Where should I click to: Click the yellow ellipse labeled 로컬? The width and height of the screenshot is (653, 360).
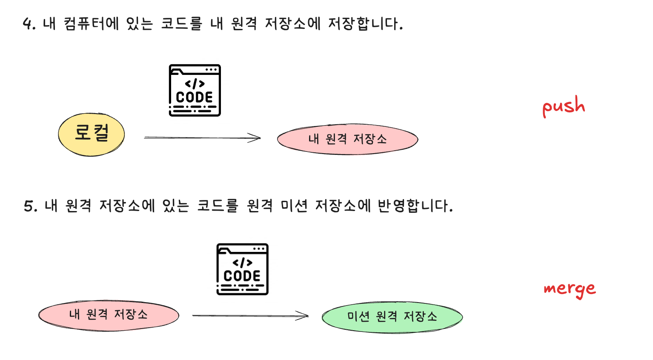(91, 134)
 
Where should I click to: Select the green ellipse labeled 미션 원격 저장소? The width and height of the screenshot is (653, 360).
(392, 317)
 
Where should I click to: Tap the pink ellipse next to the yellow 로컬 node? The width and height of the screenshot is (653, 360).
(347, 139)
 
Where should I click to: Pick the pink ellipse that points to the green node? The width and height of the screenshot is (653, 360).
(109, 315)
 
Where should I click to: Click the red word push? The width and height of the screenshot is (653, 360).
(564, 106)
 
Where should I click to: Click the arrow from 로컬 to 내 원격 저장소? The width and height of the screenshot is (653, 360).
(202, 137)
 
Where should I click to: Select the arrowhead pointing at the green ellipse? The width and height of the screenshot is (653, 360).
(302, 315)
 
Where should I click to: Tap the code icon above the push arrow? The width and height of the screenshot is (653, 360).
(195, 90)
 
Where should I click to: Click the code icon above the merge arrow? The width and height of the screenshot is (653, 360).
(242, 269)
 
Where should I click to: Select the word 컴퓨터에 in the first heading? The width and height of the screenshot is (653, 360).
(91, 23)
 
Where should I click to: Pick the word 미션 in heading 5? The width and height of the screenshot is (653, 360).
(294, 206)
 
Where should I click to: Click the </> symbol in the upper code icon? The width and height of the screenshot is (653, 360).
(195, 84)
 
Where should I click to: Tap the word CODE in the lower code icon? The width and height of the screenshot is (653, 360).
(242, 276)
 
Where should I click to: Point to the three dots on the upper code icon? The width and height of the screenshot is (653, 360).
(211, 70)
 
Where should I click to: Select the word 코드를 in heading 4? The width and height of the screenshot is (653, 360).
(181, 23)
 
